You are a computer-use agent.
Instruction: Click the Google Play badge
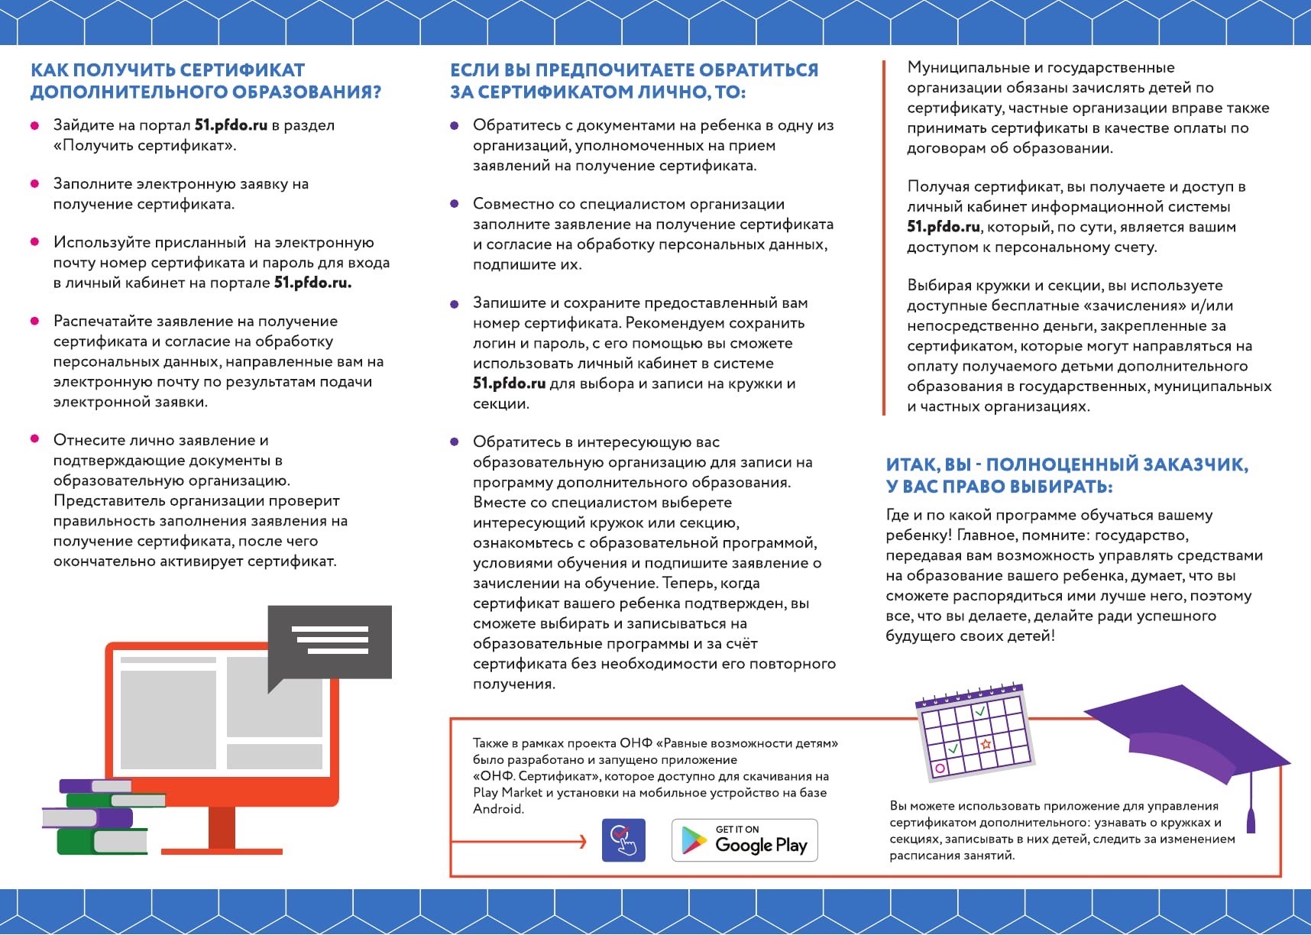tap(744, 840)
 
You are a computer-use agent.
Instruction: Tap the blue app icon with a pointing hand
tap(623, 840)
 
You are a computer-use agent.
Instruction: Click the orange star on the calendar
tap(986, 743)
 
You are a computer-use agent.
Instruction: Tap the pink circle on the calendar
tap(940, 768)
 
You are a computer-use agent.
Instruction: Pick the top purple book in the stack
tap(95, 785)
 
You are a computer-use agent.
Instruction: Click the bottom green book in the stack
tap(102, 841)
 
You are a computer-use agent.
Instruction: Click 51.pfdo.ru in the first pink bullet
tap(231, 125)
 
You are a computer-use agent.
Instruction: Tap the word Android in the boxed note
tap(498, 809)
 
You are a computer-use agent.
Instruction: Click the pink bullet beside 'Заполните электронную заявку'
tap(34, 184)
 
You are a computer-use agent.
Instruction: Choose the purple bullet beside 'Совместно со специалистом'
tap(455, 204)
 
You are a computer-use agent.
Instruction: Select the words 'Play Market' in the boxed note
tap(502, 793)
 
